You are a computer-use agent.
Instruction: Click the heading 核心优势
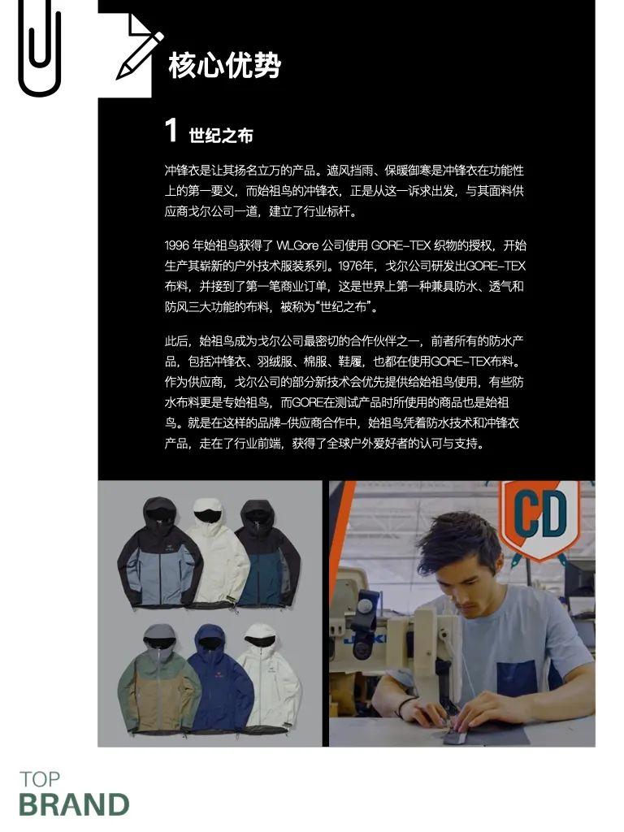point(223,66)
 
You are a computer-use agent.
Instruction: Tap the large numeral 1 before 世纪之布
point(171,131)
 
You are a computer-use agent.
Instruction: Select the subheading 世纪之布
point(220,135)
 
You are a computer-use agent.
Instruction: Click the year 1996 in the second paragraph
point(176,245)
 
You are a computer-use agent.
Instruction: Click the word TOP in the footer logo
point(40,779)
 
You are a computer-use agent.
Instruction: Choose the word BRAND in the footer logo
point(74,805)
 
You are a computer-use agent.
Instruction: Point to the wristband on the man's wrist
point(404,704)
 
